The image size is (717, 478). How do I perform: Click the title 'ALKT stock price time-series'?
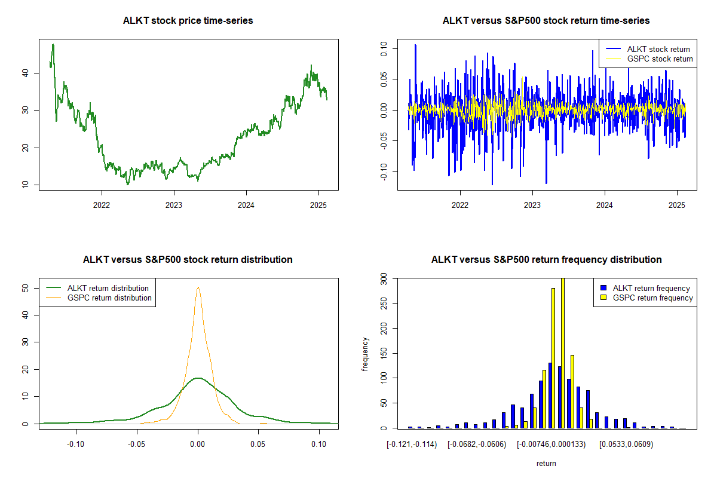coord(188,21)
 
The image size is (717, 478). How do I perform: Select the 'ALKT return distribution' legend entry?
coord(108,288)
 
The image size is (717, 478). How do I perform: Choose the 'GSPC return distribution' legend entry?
coord(109,298)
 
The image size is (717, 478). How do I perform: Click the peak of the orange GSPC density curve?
coord(198,287)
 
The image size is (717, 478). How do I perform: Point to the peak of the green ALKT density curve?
coord(198,378)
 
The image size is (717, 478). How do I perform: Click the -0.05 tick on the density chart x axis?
coord(137,445)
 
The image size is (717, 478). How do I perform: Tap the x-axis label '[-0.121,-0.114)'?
coord(412,445)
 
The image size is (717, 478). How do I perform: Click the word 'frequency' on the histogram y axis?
coord(365,354)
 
